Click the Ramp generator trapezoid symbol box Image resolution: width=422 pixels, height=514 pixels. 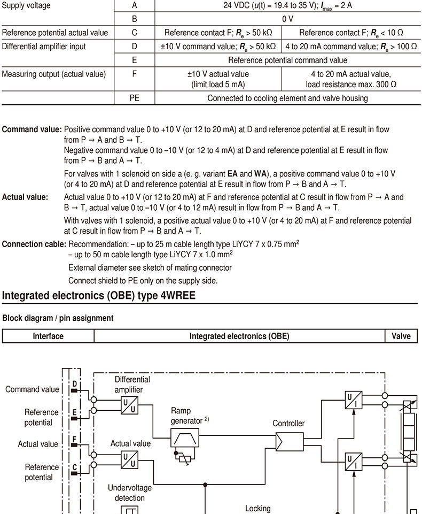[x=185, y=438]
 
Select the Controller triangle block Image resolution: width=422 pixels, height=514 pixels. [x=290, y=442]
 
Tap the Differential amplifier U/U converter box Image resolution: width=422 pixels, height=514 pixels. [x=129, y=405]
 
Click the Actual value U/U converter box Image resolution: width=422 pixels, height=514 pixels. [x=129, y=459]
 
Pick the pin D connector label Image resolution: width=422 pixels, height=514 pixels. [x=75, y=384]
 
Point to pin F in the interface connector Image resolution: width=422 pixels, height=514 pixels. [x=74, y=439]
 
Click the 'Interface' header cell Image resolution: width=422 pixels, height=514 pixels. [x=48, y=336]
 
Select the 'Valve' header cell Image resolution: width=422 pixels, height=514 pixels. [x=401, y=336]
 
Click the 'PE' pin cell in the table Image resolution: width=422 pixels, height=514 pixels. [x=134, y=98]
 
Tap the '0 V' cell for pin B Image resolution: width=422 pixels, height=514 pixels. [x=287, y=19]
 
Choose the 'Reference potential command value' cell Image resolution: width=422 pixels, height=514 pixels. [x=287, y=60]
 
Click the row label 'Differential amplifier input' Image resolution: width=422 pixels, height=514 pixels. [x=44, y=47]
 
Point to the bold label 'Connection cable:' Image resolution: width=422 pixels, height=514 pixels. [x=34, y=244]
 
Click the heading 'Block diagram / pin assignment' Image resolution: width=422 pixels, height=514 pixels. [x=58, y=318]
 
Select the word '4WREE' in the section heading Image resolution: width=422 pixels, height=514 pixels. [x=178, y=295]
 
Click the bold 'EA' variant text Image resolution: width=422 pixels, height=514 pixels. [x=232, y=174]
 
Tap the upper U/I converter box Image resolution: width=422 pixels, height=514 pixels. [x=354, y=400]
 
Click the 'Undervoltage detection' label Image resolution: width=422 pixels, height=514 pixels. [x=130, y=493]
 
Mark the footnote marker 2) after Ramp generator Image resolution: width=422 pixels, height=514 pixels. [x=207, y=419]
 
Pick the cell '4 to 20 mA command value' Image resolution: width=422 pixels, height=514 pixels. [x=351, y=47]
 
